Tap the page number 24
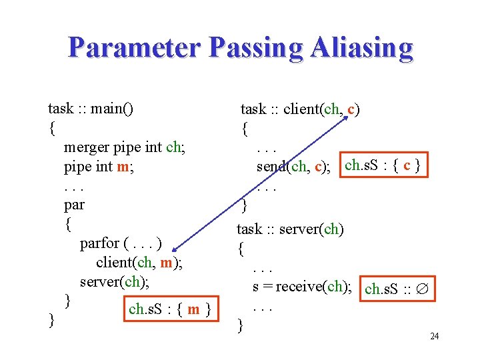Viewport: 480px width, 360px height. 434,336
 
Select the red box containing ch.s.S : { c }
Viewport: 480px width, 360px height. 383,165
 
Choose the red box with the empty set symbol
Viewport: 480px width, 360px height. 399,289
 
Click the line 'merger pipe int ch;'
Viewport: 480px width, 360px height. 124,147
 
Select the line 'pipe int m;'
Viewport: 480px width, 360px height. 99,166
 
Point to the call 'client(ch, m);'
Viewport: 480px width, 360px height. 139,263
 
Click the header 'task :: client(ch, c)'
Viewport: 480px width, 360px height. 301,109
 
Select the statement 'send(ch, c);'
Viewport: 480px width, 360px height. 294,166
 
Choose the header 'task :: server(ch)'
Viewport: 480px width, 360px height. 291,229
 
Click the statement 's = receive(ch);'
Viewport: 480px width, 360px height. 303,287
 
